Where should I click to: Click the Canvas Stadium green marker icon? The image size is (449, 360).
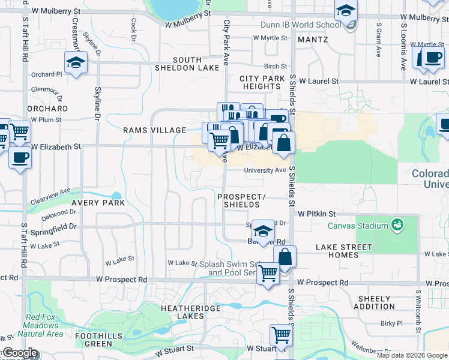pyautogui.click(x=396, y=226)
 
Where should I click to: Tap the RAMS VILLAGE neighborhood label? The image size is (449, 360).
pyautogui.click(x=154, y=130)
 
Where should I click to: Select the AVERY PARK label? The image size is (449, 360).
pyautogui.click(x=98, y=203)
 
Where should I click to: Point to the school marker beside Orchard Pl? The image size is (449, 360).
pyautogui.click(x=76, y=63)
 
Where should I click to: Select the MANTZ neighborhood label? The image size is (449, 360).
pyautogui.click(x=312, y=40)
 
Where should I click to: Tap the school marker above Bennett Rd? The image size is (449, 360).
pyautogui.click(x=262, y=230)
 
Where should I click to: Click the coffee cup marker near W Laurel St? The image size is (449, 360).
pyautogui.click(x=432, y=57)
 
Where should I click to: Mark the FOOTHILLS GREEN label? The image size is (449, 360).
pyautogui.click(x=94, y=340)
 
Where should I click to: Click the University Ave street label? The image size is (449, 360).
pyautogui.click(x=265, y=170)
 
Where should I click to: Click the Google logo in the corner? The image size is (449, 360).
pyautogui.click(x=20, y=353)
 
